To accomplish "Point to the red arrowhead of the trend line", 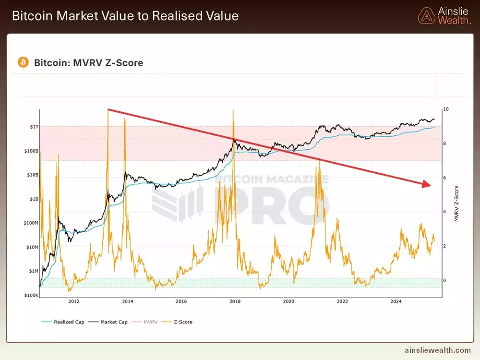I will [x=426, y=184].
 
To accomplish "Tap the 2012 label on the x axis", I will [x=74, y=301].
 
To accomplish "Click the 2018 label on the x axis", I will [x=235, y=301].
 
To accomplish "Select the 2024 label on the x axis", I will [x=396, y=301].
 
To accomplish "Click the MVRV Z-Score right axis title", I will [x=456, y=204].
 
